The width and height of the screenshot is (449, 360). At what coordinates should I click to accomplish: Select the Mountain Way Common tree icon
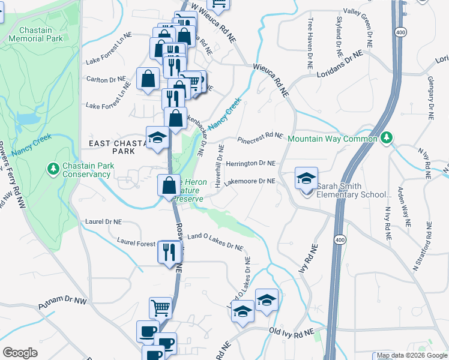[x=388, y=138]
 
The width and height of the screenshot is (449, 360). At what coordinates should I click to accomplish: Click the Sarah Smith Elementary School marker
[x=306, y=179]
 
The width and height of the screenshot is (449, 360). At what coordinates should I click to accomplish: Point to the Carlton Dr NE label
[x=106, y=79]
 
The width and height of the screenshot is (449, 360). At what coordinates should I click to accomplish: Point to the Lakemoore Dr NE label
[x=250, y=181]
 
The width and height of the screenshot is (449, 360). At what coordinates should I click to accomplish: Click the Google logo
[x=20, y=353]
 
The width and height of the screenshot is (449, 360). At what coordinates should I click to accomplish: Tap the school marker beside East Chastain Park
[x=157, y=139]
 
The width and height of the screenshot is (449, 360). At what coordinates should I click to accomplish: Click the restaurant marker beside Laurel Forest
[x=169, y=252]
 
